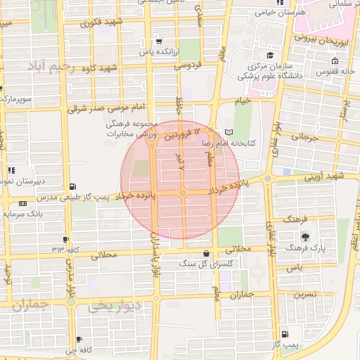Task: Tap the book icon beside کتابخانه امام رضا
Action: pyautogui.click(x=227, y=132)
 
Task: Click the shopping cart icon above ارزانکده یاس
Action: pyautogui.click(x=158, y=40)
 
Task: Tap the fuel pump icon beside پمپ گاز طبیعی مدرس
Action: pyautogui.click(x=73, y=186)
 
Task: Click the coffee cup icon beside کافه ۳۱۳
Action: pyautogui.click(x=65, y=239)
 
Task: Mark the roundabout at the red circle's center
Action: pyautogui.click(x=181, y=193)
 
